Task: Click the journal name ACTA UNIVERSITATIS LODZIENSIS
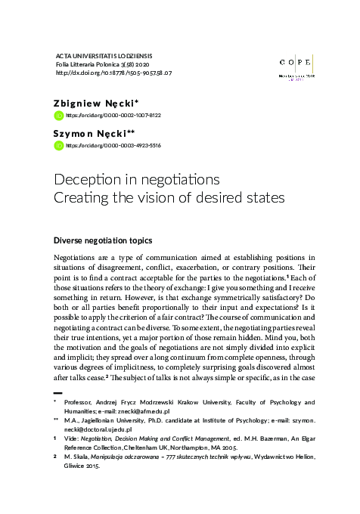[x=104, y=55]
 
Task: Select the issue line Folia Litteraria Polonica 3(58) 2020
[x=104, y=64]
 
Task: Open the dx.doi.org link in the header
[x=114, y=73]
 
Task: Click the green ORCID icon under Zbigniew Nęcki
[x=59, y=116]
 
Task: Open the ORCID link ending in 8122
[x=113, y=116]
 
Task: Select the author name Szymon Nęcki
[x=92, y=132]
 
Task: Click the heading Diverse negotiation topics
[x=103, y=240]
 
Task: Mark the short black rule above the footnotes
[x=58, y=394]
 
